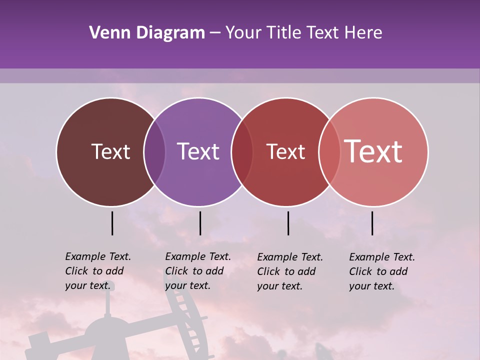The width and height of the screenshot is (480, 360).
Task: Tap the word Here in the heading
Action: click(363, 33)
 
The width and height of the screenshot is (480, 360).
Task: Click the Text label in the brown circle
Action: click(110, 151)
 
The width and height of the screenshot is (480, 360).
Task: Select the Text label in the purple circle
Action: click(198, 151)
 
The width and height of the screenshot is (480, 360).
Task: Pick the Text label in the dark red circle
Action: click(285, 151)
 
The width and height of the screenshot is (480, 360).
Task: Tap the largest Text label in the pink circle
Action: click(373, 151)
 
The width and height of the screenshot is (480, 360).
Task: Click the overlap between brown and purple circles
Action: click(154, 151)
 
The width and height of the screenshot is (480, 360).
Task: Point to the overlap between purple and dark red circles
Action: click(242, 151)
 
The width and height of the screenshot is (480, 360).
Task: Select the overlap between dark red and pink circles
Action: click(329, 151)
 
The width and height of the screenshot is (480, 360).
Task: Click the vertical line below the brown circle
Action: click(112, 223)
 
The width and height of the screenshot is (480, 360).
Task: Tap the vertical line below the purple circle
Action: click(200, 223)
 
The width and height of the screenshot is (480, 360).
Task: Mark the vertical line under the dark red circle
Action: click(288, 223)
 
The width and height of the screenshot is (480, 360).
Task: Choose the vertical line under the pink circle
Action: click(372, 223)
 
